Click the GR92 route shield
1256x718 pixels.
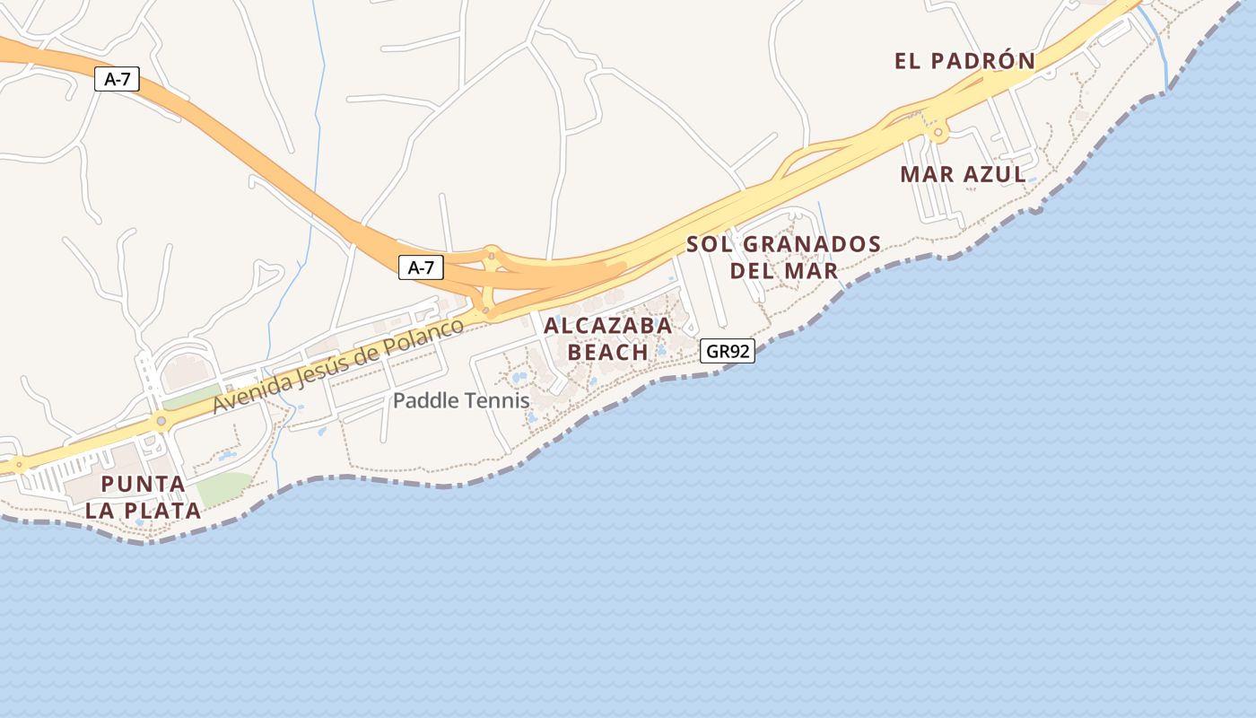point(727,351)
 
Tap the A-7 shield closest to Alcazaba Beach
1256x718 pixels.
point(421,267)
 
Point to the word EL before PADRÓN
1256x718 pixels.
point(908,61)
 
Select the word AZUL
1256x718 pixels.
point(995,174)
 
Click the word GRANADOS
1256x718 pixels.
point(813,244)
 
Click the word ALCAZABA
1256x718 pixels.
point(608,326)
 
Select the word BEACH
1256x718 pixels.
point(608,352)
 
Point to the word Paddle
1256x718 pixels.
point(422,400)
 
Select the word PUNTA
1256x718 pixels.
point(144,485)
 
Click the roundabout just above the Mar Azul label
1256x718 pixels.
point(938,134)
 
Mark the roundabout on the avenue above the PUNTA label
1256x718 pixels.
point(161,420)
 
